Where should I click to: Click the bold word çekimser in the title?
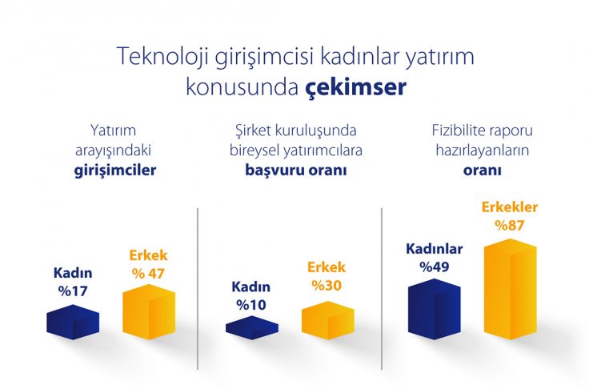(x=355, y=88)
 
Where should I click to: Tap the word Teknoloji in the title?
(x=163, y=56)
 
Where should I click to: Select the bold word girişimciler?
(x=115, y=170)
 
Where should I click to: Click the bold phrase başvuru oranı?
(x=296, y=170)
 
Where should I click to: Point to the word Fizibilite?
(x=459, y=130)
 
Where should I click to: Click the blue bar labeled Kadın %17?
(x=73, y=322)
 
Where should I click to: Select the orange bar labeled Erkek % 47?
(x=149, y=312)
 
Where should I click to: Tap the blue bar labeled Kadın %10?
(x=252, y=327)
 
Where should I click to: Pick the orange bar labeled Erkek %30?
(x=328, y=320)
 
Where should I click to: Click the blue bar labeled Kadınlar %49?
(x=435, y=309)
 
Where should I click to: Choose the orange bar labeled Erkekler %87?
(x=511, y=289)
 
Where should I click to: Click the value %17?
(x=73, y=291)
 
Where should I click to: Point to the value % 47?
(x=148, y=274)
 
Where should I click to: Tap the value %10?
(x=251, y=305)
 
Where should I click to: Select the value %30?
(x=327, y=285)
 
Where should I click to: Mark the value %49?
(x=435, y=267)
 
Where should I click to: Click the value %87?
(x=510, y=226)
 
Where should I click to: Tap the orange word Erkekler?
(x=510, y=207)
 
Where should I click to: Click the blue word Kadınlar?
(x=435, y=249)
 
